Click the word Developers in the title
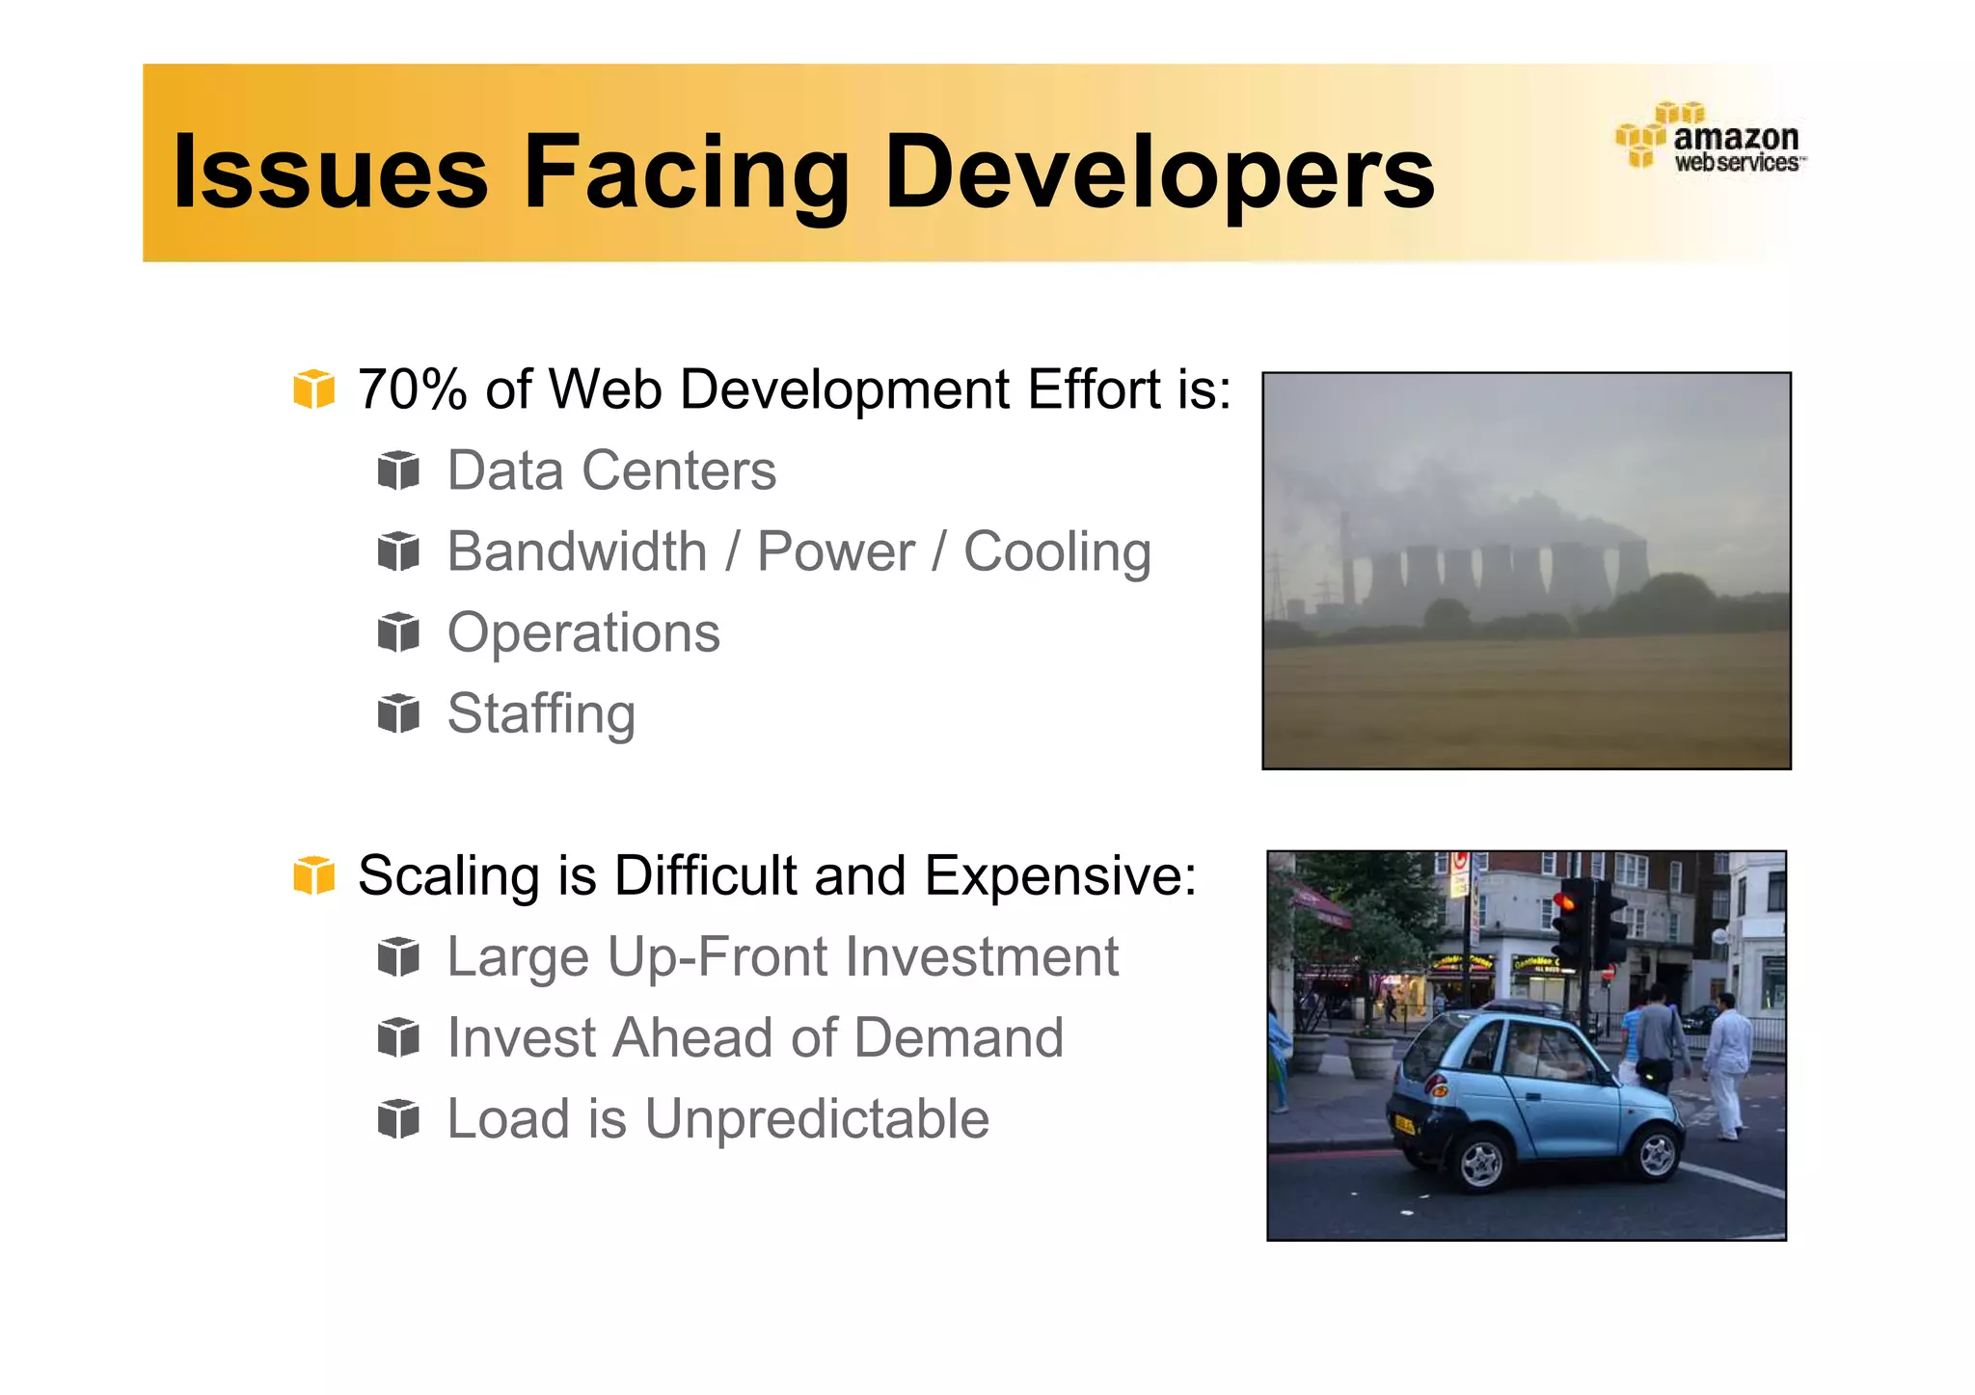coord(1159,172)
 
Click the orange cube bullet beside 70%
coord(313,389)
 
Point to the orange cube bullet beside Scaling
coord(313,875)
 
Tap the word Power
coord(835,551)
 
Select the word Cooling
coord(1057,551)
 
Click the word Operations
coord(583,632)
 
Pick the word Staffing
coord(541,714)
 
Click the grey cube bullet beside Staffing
coord(398,713)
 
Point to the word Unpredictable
coord(816,1118)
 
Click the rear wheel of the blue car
coord(1479,1163)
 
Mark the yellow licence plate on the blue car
coord(1405,1123)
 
